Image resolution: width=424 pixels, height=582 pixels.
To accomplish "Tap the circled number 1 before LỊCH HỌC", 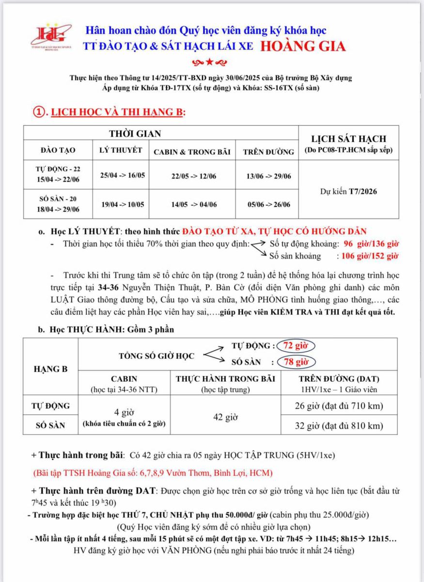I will (x=39, y=112).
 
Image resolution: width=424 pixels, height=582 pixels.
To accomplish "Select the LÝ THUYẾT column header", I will (x=121, y=150).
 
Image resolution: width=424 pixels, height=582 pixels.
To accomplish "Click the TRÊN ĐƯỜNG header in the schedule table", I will (x=268, y=151).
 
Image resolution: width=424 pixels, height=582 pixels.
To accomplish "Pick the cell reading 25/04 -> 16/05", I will (x=121, y=175).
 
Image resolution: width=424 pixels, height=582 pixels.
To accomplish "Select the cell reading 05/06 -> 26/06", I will (x=268, y=204).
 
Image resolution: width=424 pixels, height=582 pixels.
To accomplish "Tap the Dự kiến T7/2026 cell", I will (x=348, y=191).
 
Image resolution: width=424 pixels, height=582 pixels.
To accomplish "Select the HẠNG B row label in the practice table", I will (x=51, y=369).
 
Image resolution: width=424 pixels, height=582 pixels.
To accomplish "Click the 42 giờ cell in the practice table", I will (x=225, y=416).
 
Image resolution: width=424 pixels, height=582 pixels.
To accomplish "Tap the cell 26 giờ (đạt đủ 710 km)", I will (x=339, y=406).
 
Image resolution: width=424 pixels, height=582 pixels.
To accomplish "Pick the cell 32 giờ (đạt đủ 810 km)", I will (x=339, y=426).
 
